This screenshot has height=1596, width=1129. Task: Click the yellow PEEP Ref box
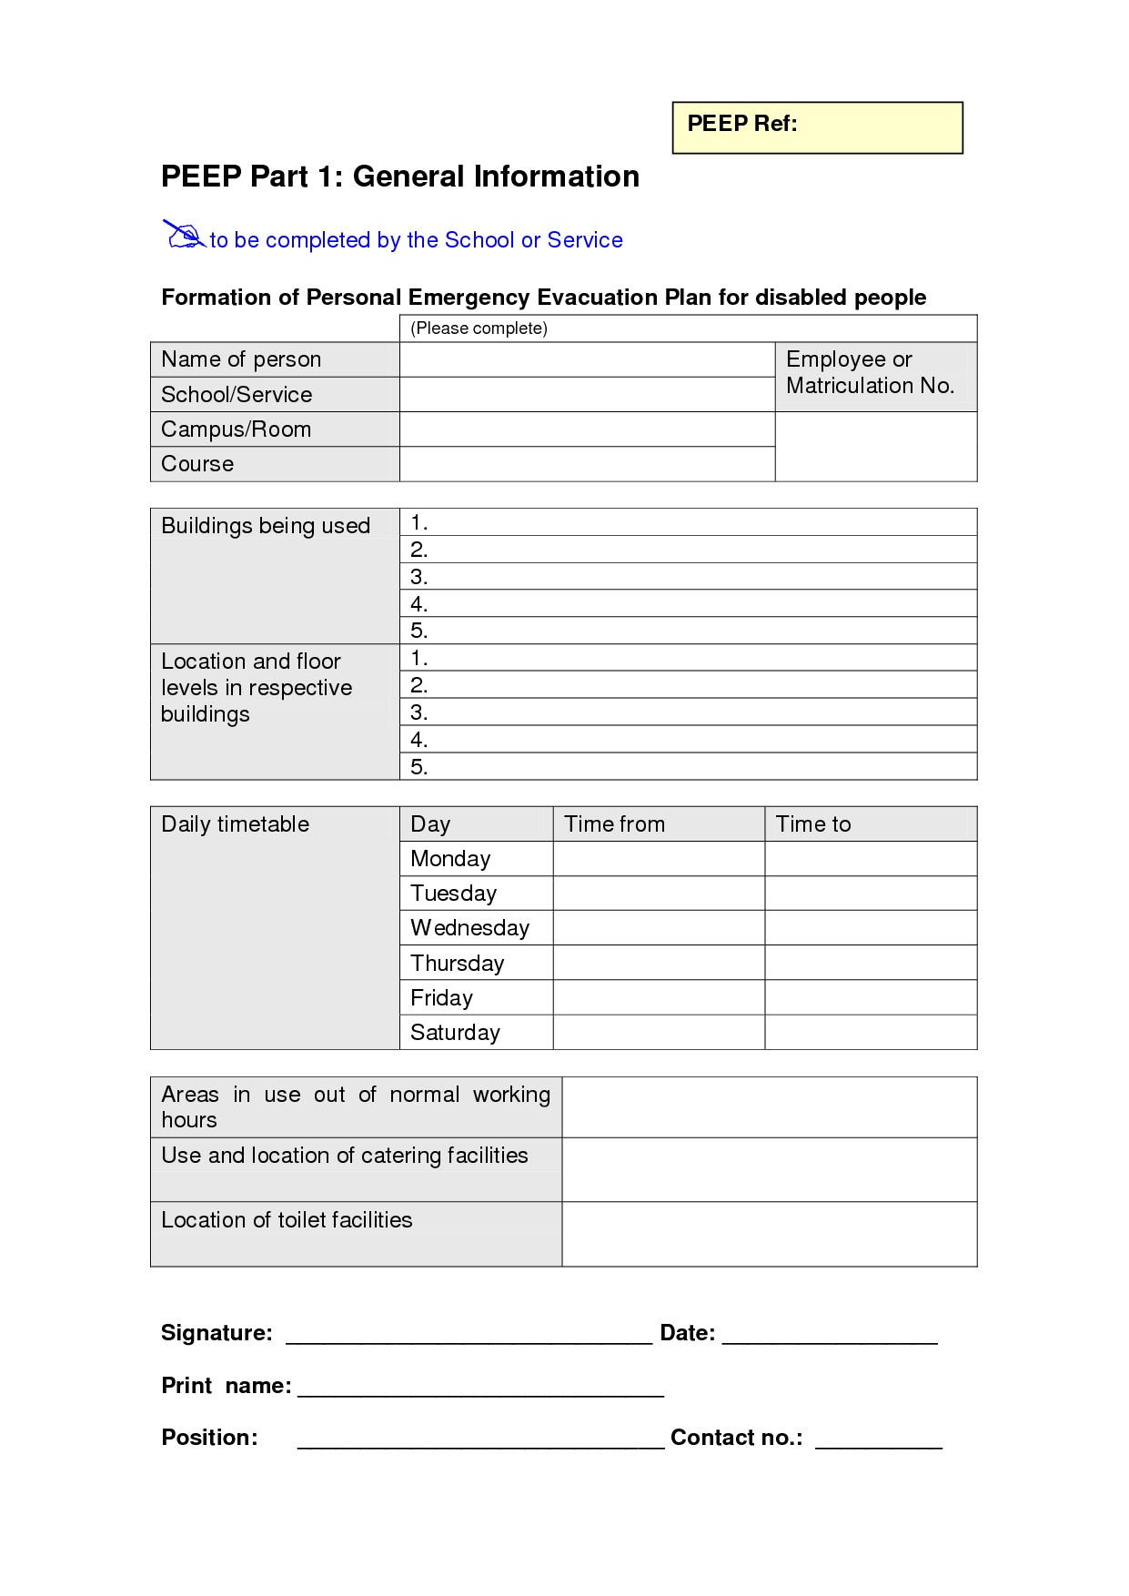click(817, 127)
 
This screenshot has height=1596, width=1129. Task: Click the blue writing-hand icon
click(184, 235)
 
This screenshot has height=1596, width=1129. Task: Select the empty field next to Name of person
click(587, 359)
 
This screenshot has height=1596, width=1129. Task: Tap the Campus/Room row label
click(237, 429)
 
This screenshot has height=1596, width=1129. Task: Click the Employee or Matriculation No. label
click(870, 373)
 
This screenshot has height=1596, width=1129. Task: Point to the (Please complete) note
click(479, 328)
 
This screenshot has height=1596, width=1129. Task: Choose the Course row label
click(197, 464)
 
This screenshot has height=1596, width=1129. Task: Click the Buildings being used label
click(266, 526)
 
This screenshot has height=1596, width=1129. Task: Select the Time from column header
click(615, 824)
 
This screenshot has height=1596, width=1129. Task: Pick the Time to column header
click(813, 824)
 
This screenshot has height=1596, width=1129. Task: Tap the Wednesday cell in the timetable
click(470, 928)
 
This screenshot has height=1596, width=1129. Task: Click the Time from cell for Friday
click(659, 997)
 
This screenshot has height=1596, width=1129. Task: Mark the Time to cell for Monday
click(871, 859)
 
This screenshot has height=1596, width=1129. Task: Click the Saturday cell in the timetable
click(456, 1033)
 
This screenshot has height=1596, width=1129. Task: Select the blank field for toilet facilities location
click(769, 1234)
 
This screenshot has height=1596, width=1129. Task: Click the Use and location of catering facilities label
click(345, 1156)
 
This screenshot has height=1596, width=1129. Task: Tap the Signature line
click(469, 1336)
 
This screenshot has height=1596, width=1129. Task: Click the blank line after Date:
click(830, 1336)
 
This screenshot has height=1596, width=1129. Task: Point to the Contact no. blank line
click(879, 1440)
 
